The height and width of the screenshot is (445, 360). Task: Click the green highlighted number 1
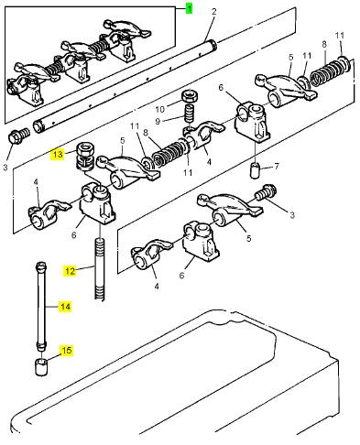[x=190, y=8]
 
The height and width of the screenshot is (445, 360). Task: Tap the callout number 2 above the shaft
[x=214, y=12]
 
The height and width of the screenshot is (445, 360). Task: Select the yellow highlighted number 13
[x=58, y=155]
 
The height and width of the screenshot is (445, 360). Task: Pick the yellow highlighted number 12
[x=70, y=271]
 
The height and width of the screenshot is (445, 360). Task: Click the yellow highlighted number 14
[x=65, y=307]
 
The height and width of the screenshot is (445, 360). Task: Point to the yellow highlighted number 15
[x=67, y=350]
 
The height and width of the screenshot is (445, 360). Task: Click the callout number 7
[x=277, y=167]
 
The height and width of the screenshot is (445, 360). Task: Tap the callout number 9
[x=158, y=122]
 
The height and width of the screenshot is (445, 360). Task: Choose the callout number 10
[x=160, y=109]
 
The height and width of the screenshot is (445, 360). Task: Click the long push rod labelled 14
[x=41, y=306]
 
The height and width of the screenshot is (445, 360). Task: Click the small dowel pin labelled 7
[x=255, y=170]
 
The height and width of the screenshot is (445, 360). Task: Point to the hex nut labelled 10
[x=190, y=96]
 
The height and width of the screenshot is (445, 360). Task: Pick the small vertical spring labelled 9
[x=190, y=113]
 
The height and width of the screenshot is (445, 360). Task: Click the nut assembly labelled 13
[x=85, y=156]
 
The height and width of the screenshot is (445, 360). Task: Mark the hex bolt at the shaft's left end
[x=18, y=136]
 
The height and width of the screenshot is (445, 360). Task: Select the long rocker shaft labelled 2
[x=125, y=87]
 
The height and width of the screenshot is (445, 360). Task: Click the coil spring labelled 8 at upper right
[x=325, y=72]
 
